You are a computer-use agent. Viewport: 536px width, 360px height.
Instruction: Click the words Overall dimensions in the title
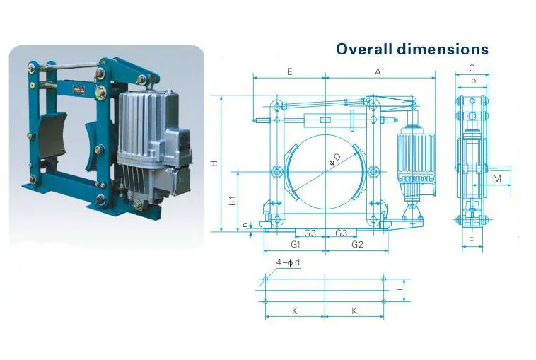(412, 49)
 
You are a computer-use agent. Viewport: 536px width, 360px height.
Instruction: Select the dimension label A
(378, 71)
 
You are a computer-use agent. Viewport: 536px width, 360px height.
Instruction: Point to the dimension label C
(472, 69)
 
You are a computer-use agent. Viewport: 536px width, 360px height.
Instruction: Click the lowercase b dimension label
(472, 82)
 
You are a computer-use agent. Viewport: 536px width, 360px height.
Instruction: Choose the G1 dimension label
(296, 245)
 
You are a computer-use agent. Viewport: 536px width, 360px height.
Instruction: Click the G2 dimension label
(357, 245)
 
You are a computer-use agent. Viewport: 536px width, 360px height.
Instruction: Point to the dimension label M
(497, 178)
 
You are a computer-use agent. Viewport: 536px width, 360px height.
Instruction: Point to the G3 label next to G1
(310, 233)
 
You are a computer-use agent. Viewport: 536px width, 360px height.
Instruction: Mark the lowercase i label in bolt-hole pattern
(400, 289)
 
